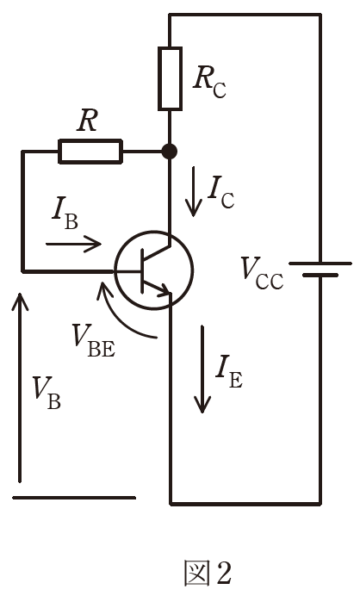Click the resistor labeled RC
coord(170,78)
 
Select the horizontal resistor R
coord(90,152)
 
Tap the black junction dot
coord(169,152)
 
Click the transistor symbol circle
coord(153,232)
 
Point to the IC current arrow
coord(193,191)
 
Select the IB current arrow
coord(73,244)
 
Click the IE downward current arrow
coord(202,369)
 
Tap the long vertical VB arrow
coord(20,388)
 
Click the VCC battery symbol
coord(320,269)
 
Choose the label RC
coord(209,83)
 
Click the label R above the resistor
coord(87,121)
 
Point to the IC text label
coord(220,193)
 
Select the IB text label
coord(65,215)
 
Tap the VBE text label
coord(94,340)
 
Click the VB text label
coord(47,393)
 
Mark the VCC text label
coord(262,273)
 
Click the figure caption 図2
coord(208,573)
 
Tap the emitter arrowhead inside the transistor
coord(164,290)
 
